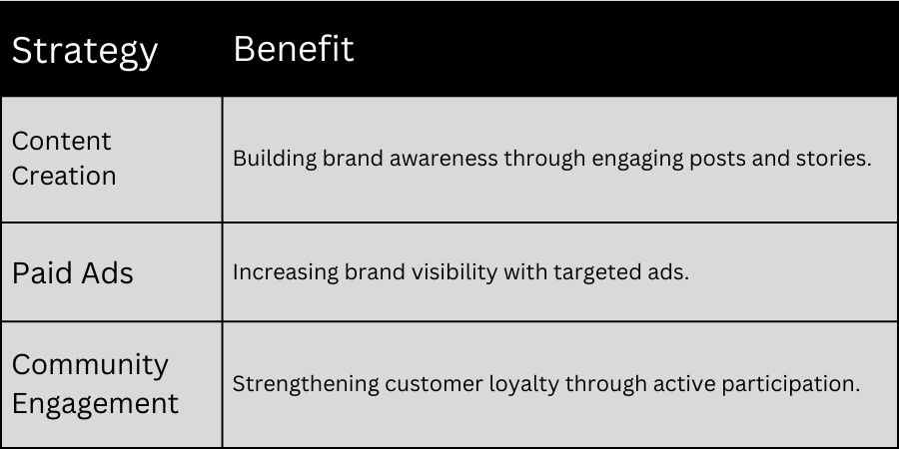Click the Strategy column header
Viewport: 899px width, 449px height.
pyautogui.click(x=84, y=51)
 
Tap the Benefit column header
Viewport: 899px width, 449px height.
pyautogui.click(x=294, y=49)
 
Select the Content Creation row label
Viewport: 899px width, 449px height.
pyautogui.click(x=64, y=159)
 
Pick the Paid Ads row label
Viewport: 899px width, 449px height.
pyautogui.click(x=72, y=273)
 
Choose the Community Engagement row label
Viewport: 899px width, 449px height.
pyautogui.click(x=95, y=384)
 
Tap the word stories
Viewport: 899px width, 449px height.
pyautogui.click(x=835, y=160)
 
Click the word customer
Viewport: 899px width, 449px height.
pyautogui.click(x=421, y=384)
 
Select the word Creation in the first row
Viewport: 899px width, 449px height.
pyautogui.click(x=64, y=177)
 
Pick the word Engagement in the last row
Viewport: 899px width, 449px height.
pyautogui.click(x=95, y=404)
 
